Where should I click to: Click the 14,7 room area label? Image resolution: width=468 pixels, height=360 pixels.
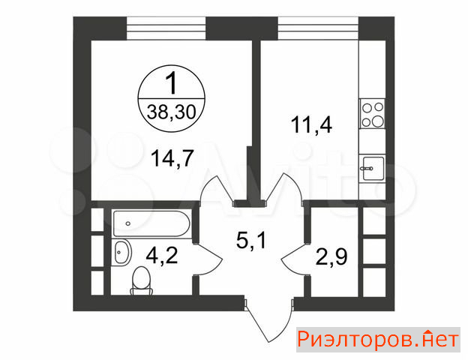(x=172, y=158)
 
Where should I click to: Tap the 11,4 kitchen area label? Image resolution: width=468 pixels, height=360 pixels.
(x=311, y=124)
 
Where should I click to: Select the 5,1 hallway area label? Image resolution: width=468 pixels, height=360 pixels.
(x=250, y=241)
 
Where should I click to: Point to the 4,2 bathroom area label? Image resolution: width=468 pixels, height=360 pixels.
(x=162, y=256)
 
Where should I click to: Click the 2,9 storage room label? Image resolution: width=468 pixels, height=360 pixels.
(x=331, y=256)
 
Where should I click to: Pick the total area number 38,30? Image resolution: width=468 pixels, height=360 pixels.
(x=171, y=112)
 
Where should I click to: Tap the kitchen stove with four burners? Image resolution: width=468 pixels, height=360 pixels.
(x=372, y=114)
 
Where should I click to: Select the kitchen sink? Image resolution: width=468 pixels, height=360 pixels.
(x=373, y=168)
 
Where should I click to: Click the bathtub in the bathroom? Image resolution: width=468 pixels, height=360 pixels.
(x=151, y=224)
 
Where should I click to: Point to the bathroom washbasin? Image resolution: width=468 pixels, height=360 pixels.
(x=122, y=253)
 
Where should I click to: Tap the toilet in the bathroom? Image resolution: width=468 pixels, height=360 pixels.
(x=142, y=280)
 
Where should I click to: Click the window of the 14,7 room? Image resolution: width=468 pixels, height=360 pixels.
(x=166, y=28)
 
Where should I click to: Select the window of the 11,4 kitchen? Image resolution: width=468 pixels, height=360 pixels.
(x=318, y=28)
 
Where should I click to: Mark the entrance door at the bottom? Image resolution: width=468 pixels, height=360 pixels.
(x=268, y=319)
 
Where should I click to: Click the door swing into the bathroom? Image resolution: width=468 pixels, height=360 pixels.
(x=209, y=259)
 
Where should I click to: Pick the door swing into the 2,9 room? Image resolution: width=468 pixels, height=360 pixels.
(x=294, y=259)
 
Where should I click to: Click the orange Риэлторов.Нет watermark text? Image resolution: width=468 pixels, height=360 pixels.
(x=378, y=340)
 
